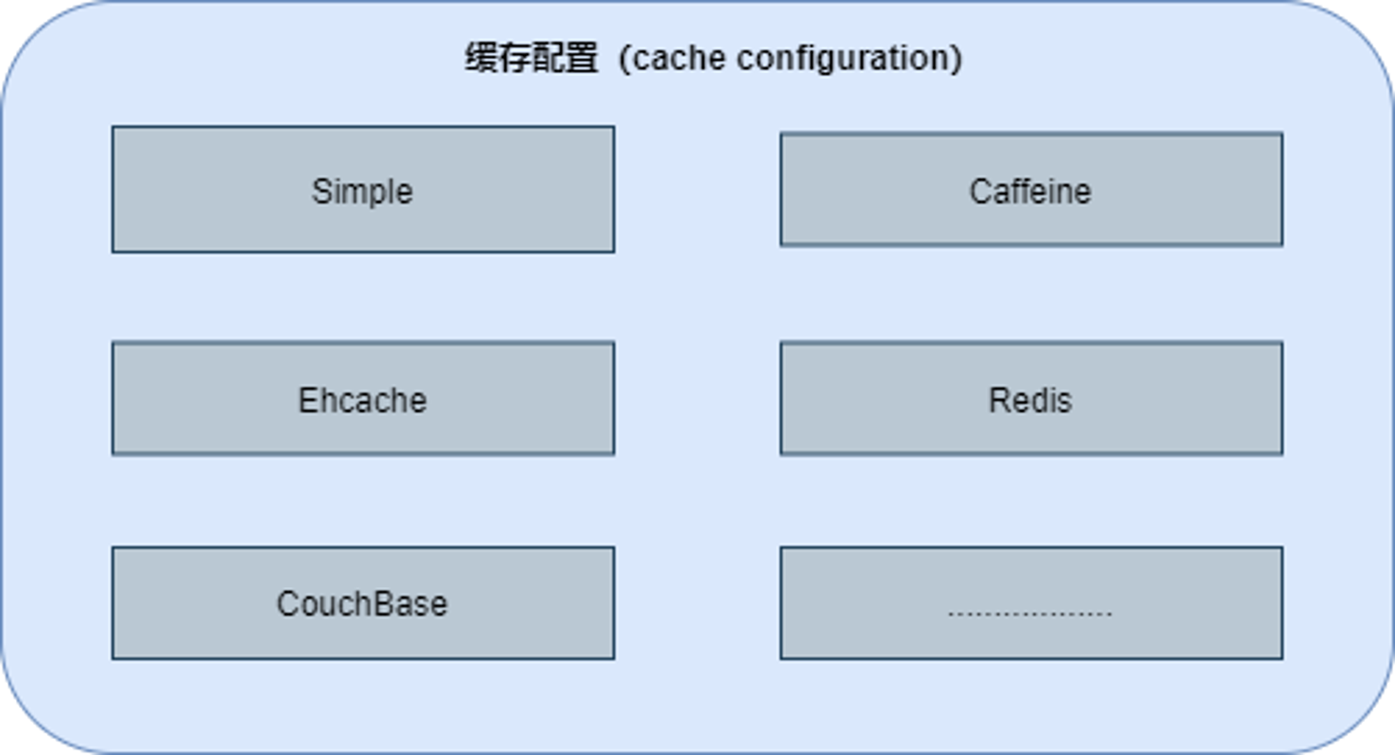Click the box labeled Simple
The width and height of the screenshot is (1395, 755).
pos(363,189)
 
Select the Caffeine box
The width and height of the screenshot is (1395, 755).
pos(1031,189)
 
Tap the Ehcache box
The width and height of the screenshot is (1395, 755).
pos(363,398)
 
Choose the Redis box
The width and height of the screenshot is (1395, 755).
pos(1031,398)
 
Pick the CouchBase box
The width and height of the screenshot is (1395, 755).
pos(363,603)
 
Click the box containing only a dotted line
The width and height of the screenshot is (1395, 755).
pos(1031,603)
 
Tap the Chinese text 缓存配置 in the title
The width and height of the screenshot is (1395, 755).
pos(531,58)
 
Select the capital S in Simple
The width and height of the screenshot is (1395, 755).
pos(321,191)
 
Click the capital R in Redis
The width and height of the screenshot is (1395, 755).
pos(1000,400)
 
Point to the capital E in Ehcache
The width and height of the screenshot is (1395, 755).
pos(308,400)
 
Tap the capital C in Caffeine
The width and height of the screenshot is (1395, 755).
pos(980,191)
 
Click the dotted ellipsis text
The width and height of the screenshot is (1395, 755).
pos(1030,613)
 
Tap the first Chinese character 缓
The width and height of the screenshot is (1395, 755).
pos(481,58)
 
